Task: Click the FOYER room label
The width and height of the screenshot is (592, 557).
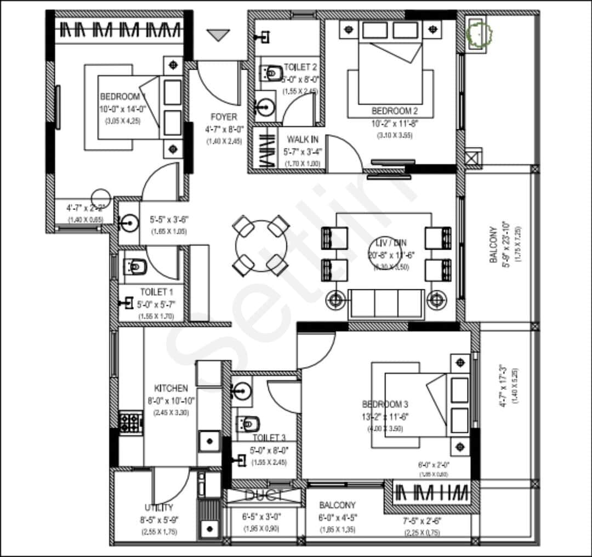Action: coord(224,117)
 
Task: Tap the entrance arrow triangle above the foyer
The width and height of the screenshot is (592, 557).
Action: coord(220,35)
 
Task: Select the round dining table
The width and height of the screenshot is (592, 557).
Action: coord(261,246)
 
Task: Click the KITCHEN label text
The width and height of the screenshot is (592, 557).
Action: coord(171,388)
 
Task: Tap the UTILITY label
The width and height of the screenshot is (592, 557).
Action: coord(159,508)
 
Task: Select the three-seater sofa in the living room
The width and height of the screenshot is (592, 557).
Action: coord(386,302)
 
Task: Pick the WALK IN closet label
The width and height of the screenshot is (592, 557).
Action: coord(302,140)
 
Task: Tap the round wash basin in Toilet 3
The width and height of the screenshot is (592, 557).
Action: coord(242,390)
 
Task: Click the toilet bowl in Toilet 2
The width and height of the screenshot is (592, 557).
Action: coord(269,72)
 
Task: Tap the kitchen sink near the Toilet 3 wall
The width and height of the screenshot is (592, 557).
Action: coord(209,440)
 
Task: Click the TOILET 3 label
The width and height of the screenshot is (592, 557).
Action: coord(269,438)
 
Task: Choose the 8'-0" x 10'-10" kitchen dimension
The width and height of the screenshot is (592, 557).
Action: coord(171,400)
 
